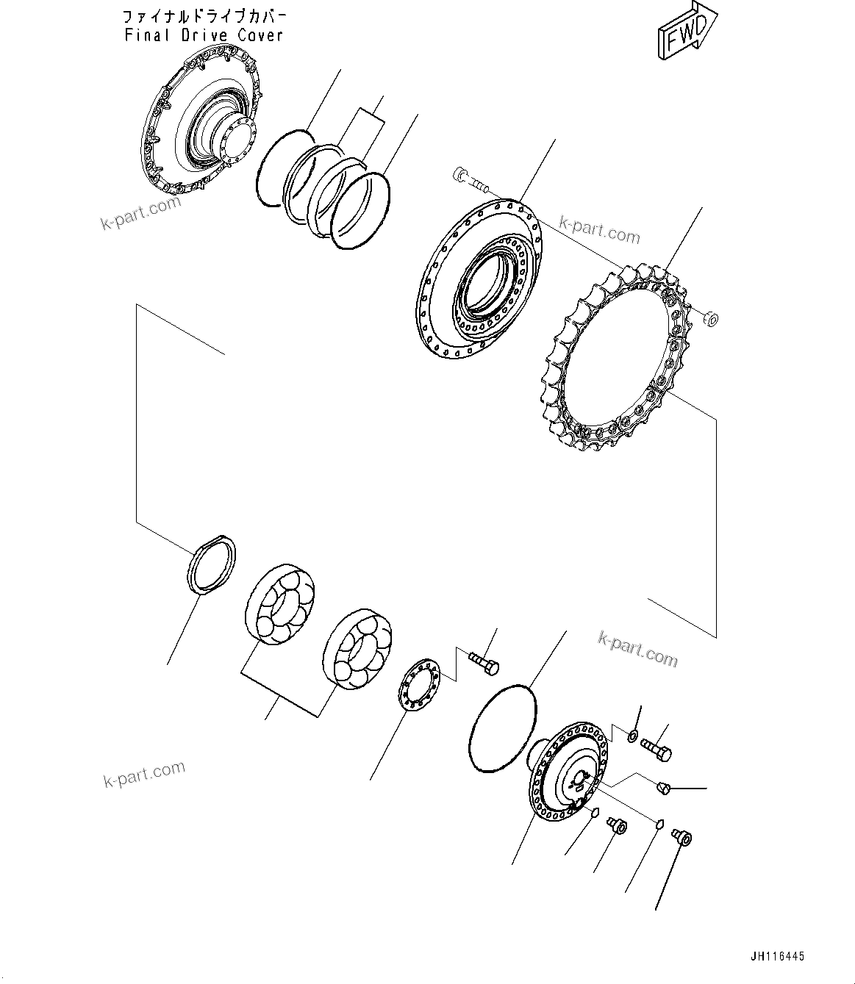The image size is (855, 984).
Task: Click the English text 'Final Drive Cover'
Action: coord(204,35)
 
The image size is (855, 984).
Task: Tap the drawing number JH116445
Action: coord(777,956)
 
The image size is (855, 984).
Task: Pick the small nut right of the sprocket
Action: coord(710,318)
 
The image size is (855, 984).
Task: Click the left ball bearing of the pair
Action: coord(279,603)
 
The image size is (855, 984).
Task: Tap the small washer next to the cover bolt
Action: coord(633,734)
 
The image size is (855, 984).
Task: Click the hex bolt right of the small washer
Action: coord(656,747)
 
